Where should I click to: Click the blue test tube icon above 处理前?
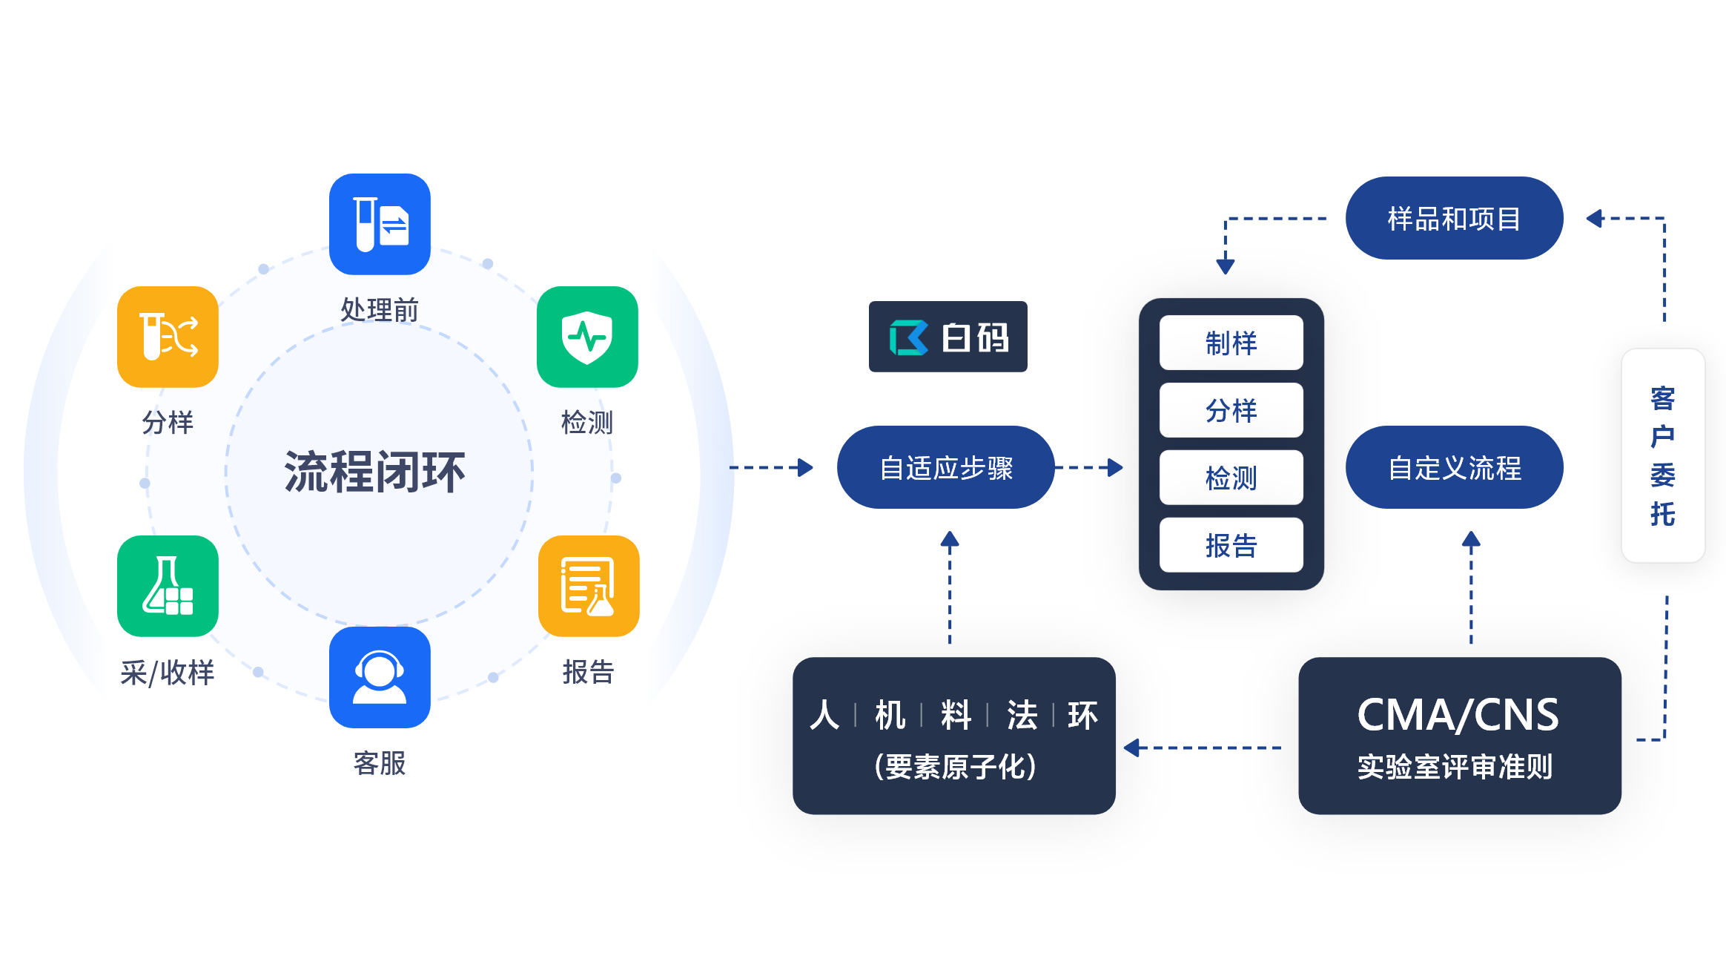[380, 224]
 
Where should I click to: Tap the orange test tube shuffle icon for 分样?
[168, 337]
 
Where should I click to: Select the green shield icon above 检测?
[587, 337]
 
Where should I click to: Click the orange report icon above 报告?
[589, 586]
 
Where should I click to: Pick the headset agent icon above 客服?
[380, 677]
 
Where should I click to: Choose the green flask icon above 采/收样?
[168, 586]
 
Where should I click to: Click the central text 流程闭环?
[375, 472]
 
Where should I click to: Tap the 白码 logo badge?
[948, 337]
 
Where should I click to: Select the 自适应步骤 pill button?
[945, 467]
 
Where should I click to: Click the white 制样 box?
[1231, 343]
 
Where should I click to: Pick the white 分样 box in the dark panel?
[1231, 410]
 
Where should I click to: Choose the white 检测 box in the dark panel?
[1231, 478]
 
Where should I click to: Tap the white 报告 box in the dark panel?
[1231, 545]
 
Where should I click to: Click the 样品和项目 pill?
[1454, 218]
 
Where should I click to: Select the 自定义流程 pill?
[1454, 467]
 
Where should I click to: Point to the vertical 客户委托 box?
[1663, 455]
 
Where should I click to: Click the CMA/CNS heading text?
[1458, 715]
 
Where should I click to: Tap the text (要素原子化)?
[955, 767]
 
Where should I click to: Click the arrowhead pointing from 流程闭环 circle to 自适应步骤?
[804, 467]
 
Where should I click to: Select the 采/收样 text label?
[168, 673]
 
